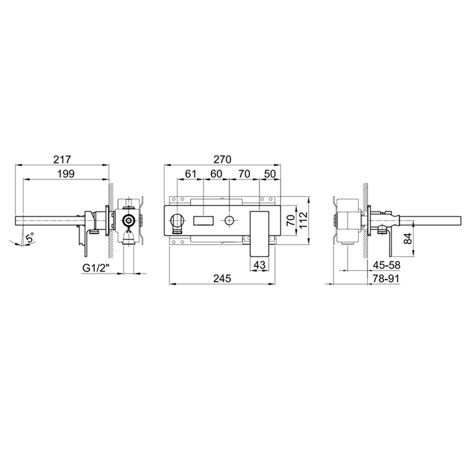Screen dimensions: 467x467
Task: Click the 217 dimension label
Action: [62, 159]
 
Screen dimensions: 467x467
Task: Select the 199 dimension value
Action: [66, 173]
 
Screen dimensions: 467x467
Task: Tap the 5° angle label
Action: [29, 239]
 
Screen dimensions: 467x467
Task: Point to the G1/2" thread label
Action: [96, 269]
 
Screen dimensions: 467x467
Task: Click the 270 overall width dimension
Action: [222, 159]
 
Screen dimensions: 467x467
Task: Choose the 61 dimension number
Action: [191, 173]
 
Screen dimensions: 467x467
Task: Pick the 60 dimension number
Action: [217, 173]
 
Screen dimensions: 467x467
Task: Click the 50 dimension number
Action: [270, 173]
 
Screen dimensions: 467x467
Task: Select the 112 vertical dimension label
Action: [303, 220]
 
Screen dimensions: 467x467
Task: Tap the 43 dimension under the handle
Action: [259, 265]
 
